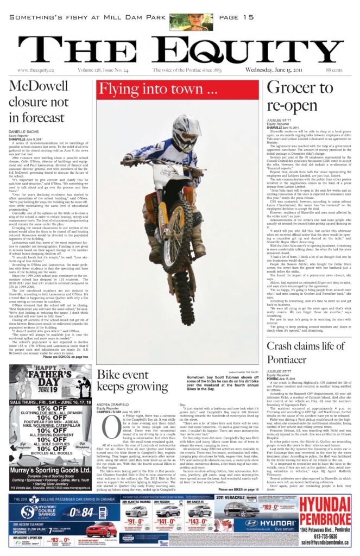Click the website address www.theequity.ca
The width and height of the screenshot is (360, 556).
36,70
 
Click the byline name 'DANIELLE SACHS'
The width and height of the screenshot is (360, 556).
24,132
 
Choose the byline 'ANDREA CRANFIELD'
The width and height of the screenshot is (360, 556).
112,405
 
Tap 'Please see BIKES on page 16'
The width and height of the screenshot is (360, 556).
238,489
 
